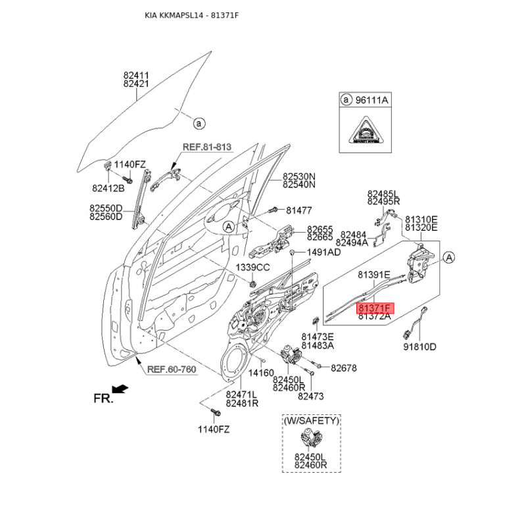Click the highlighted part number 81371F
(x=374, y=307)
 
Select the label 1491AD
(x=323, y=252)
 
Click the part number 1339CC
(x=253, y=267)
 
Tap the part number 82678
(x=343, y=369)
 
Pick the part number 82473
(x=311, y=396)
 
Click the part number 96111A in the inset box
(x=373, y=101)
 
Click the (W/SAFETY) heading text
(x=312, y=419)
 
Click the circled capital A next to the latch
(x=449, y=257)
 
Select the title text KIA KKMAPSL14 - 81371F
(x=191, y=14)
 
